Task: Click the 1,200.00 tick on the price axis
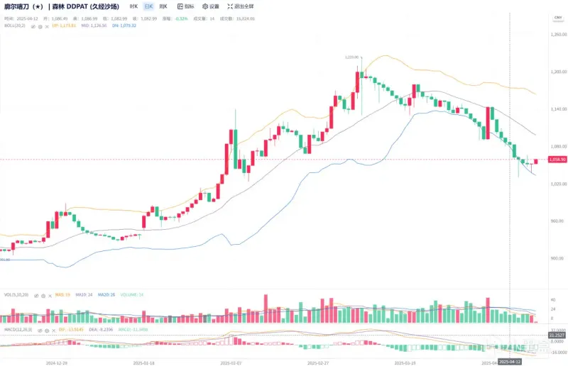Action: [558, 72]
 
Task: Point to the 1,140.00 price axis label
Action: [558, 109]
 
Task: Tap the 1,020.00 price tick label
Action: [558, 184]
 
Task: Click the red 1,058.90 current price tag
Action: [557, 160]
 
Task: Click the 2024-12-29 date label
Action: [56, 362]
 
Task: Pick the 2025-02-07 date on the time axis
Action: [230, 362]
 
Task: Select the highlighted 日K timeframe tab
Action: [148, 6]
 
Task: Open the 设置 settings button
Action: [211, 6]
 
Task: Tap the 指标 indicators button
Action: [186, 6]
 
